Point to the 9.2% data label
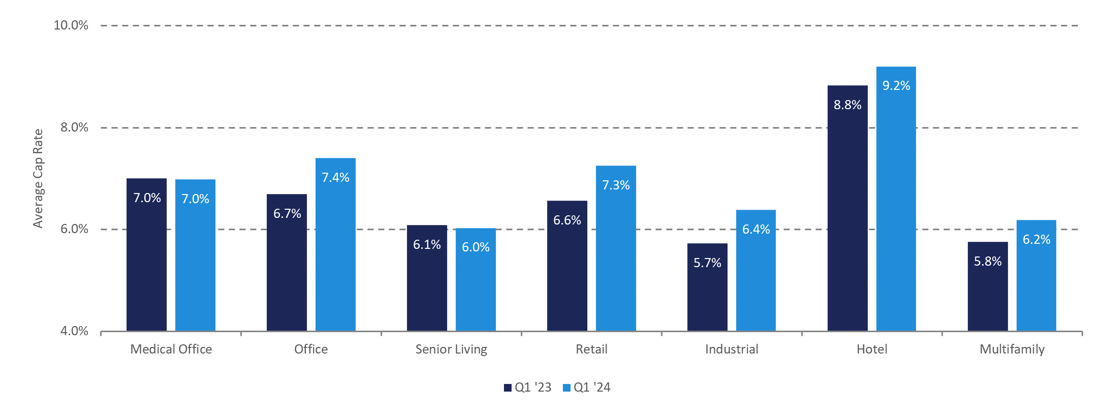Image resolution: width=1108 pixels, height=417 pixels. (x=896, y=86)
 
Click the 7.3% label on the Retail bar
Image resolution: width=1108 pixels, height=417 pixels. (x=616, y=185)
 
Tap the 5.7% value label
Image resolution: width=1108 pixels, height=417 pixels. (x=707, y=263)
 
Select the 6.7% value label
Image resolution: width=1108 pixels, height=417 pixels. (x=287, y=214)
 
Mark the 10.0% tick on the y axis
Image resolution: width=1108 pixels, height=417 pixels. (x=71, y=25)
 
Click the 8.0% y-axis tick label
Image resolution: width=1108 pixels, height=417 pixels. (x=74, y=127)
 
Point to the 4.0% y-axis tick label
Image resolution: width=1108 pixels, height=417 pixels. (x=74, y=331)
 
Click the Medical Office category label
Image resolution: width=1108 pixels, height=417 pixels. (x=171, y=349)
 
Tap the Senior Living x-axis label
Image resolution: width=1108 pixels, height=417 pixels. (x=451, y=349)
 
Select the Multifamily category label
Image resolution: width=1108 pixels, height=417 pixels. (x=1012, y=349)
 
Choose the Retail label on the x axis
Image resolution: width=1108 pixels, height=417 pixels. (x=591, y=349)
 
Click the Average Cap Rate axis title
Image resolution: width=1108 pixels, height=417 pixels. (x=38, y=178)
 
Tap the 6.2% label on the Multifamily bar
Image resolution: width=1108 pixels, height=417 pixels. (x=1036, y=240)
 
